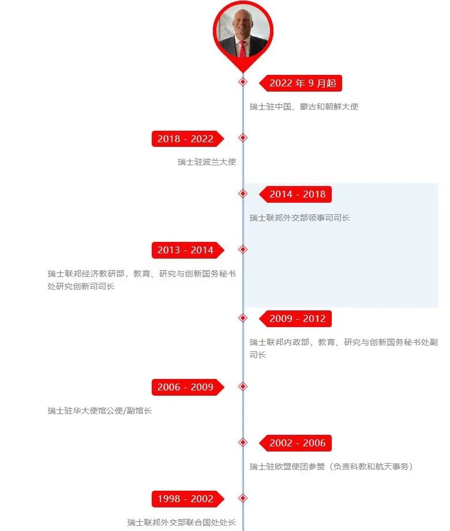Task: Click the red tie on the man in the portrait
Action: [243, 49]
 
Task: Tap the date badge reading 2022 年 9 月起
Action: [301, 84]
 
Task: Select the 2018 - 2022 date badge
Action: [188, 139]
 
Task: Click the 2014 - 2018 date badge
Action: [295, 195]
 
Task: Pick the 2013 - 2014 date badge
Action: [188, 251]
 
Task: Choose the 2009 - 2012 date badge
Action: [295, 318]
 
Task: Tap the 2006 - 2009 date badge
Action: [188, 387]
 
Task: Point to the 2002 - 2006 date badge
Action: [295, 443]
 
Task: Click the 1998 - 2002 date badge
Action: [188, 499]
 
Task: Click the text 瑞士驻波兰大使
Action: [207, 162]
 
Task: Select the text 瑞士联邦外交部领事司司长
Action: [299, 218]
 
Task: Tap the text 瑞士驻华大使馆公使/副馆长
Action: [99, 411]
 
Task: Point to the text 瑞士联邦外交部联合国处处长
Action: [181, 522]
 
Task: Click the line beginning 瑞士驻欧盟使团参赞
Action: [332, 466]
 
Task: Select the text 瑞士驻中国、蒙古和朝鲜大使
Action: [304, 107]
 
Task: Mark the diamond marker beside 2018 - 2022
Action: [243, 138]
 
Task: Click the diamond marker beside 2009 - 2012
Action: [243, 318]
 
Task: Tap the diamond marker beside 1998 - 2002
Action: [243, 498]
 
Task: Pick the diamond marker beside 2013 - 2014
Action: [243, 249]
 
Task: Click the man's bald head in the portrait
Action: [242, 16]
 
